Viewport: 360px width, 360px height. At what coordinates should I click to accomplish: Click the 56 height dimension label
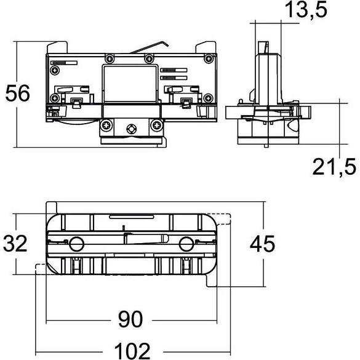tap(18, 93)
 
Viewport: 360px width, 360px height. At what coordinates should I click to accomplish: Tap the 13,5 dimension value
tap(306, 10)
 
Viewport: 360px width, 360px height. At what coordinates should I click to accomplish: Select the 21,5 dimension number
tap(334, 167)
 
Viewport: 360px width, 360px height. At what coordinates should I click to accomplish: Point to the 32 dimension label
tap(15, 243)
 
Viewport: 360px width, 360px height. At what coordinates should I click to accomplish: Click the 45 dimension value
tap(262, 244)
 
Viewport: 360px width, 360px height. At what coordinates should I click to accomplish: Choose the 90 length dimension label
tap(130, 319)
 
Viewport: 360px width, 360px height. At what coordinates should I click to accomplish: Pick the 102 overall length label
tap(132, 351)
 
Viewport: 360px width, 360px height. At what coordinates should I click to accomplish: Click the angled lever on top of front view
tap(150, 47)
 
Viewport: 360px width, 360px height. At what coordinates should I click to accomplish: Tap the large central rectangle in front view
tap(130, 84)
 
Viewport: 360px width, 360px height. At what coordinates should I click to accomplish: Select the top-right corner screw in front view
tap(209, 59)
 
